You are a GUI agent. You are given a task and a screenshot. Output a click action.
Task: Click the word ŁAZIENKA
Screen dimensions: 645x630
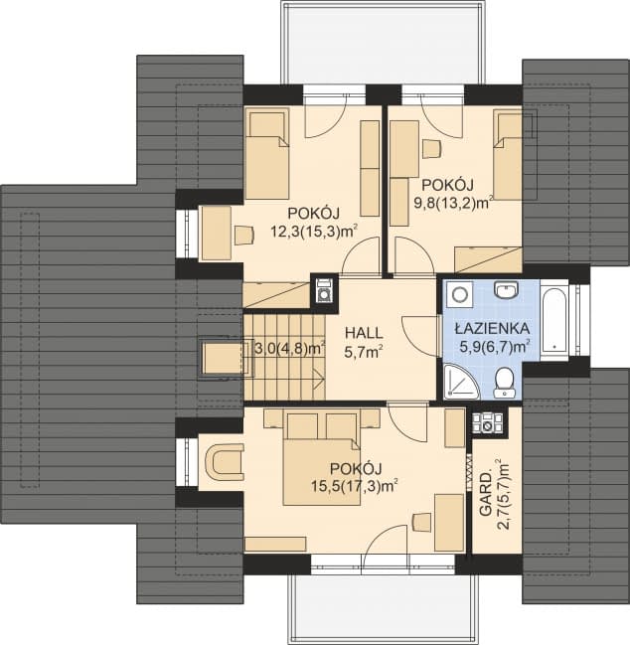click(x=493, y=329)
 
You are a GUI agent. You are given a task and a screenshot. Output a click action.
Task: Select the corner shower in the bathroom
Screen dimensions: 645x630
click(x=458, y=378)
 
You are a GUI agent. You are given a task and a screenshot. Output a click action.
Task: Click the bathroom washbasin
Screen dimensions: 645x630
click(x=507, y=292)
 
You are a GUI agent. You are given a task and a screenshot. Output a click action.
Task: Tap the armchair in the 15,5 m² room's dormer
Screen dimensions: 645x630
click(x=226, y=461)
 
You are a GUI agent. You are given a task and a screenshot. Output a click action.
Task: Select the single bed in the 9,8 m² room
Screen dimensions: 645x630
click(x=509, y=154)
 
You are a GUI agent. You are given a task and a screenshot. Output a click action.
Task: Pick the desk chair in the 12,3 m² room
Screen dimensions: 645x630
click(x=242, y=235)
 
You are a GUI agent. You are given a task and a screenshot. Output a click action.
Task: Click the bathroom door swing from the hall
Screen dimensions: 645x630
click(x=421, y=333)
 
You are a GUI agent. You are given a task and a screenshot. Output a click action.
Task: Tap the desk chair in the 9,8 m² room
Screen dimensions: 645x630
click(x=431, y=149)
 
